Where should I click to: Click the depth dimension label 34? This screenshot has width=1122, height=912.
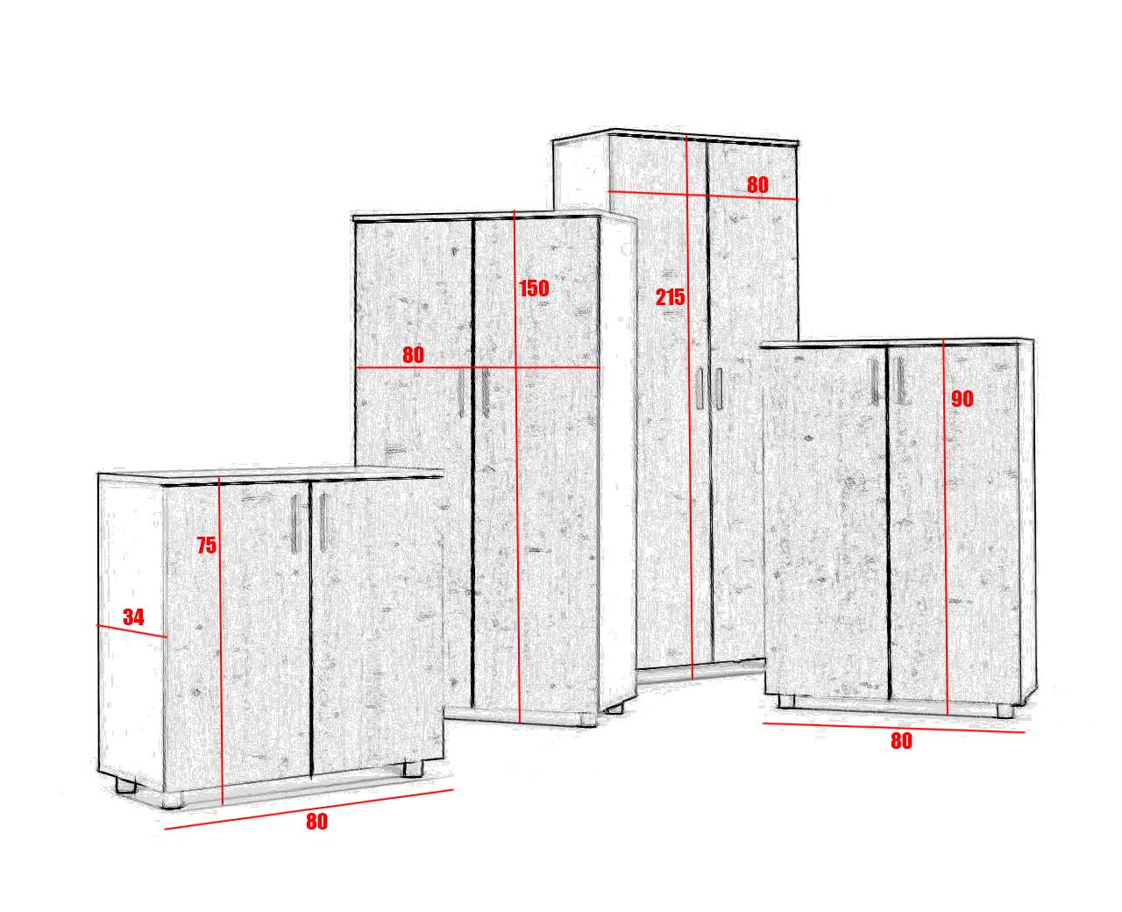pos(133,617)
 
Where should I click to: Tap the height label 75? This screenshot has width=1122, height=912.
pos(207,545)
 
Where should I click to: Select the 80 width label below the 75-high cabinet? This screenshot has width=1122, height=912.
pos(316,822)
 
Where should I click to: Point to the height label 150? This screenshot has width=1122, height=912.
pos(534,289)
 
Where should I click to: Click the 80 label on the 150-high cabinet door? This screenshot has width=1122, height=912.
pos(413,355)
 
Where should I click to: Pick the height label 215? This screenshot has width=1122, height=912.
pos(670,297)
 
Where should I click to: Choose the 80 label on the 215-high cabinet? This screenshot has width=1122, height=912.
pos(757,185)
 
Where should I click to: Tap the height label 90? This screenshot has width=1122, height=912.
pos(962,399)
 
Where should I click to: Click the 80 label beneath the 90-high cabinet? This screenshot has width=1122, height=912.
pos(901,741)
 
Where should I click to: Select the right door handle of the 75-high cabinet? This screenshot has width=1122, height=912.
pos(323,522)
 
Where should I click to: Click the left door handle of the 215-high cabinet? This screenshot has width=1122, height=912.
pos(699,388)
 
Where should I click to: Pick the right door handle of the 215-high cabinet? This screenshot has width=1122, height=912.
pos(719,388)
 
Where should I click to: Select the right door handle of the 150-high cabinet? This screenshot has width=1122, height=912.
pos(485,393)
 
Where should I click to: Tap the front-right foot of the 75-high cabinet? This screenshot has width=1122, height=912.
pos(413,769)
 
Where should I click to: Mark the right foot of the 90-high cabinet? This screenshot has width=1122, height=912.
pos(1005,710)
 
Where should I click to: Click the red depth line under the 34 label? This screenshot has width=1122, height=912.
pos(131,631)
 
